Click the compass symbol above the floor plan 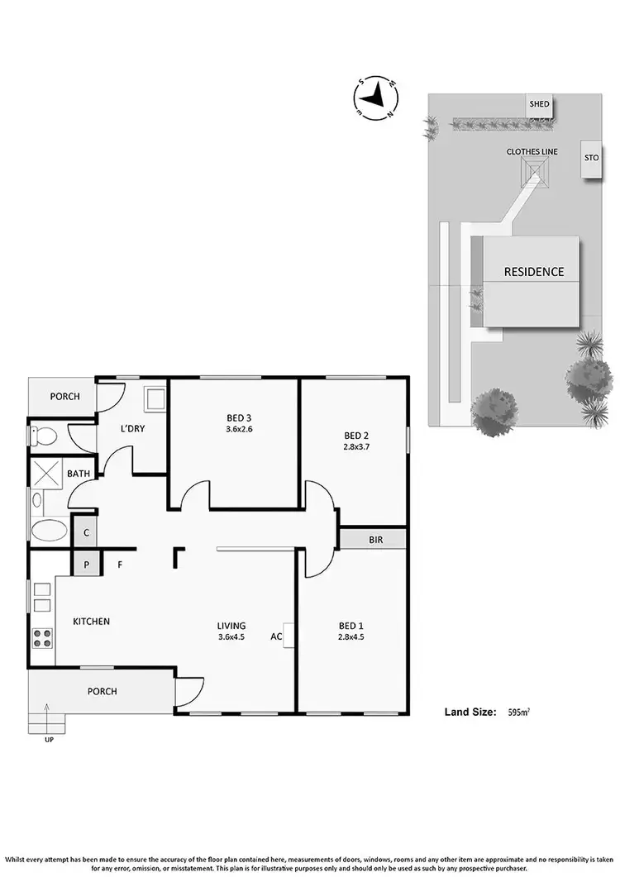pyautogui.click(x=376, y=98)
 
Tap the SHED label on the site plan pyautogui.click(x=540, y=104)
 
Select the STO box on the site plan pyautogui.click(x=591, y=157)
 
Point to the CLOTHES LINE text pyautogui.click(x=532, y=152)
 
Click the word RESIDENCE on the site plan pyautogui.click(x=534, y=272)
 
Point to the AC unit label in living pyautogui.click(x=276, y=636)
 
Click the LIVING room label pyautogui.click(x=231, y=626)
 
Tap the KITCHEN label pyautogui.click(x=91, y=622)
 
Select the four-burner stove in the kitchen pyautogui.click(x=42, y=638)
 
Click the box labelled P pyautogui.click(x=85, y=565)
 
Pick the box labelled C pyautogui.click(x=85, y=532)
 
